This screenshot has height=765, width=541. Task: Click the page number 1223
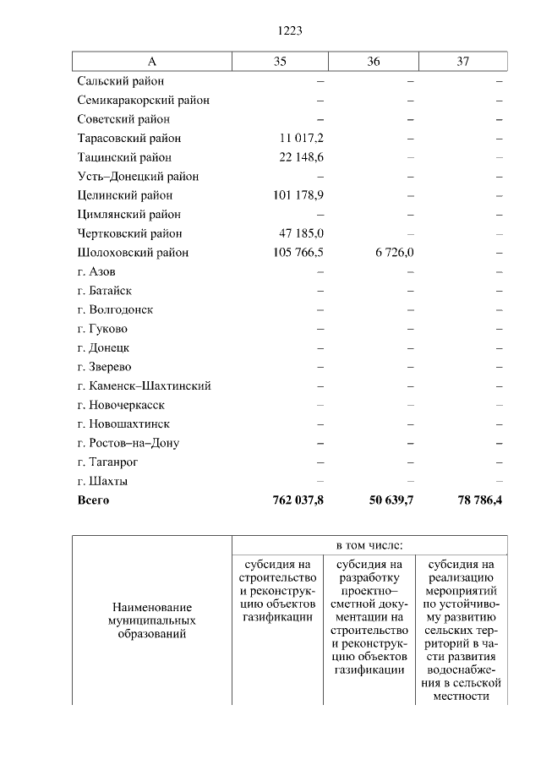point(290,30)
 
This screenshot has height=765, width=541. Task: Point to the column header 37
point(462,62)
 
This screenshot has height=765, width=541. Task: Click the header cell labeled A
point(152,62)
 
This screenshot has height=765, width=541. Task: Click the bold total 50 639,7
point(391,500)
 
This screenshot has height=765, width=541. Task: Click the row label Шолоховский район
point(133,253)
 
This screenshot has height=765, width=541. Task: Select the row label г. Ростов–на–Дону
point(128,443)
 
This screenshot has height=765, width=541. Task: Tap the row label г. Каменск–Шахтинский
point(144,385)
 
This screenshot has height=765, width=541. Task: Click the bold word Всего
point(93,500)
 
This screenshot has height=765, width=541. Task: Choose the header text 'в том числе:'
point(369,545)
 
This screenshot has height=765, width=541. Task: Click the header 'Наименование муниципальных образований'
point(152,620)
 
